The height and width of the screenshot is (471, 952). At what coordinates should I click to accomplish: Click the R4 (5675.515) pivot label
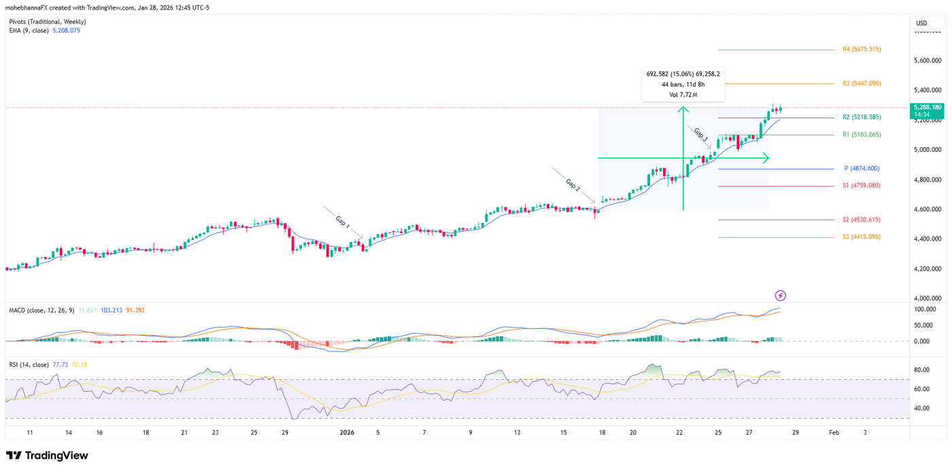pyautogui.click(x=862, y=50)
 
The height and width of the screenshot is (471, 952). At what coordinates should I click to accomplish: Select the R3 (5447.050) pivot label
pyautogui.click(x=862, y=84)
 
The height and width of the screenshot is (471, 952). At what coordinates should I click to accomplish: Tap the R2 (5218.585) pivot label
pyautogui.click(x=862, y=118)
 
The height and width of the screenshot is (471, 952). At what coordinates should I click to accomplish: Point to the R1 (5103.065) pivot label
pyautogui.click(x=862, y=135)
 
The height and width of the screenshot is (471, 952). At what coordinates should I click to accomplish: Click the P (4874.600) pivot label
pyautogui.click(x=862, y=169)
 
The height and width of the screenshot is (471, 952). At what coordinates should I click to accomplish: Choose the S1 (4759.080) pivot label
pyautogui.click(x=862, y=186)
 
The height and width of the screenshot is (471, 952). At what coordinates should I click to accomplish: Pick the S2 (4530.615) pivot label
pyautogui.click(x=862, y=220)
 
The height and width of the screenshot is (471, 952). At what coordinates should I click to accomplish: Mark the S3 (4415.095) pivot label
pyautogui.click(x=862, y=237)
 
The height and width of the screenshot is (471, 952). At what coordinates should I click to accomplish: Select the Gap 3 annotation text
pyautogui.click(x=701, y=135)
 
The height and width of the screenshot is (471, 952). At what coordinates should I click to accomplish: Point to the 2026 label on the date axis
pyautogui.click(x=347, y=432)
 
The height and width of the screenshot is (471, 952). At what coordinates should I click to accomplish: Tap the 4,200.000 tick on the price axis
pyautogui.click(x=928, y=269)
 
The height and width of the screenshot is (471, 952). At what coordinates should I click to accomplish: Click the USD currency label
pyautogui.click(x=921, y=23)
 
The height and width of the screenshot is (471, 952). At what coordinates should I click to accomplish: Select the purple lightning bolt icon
pyautogui.click(x=781, y=296)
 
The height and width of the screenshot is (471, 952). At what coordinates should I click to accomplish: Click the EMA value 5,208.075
pyautogui.click(x=66, y=31)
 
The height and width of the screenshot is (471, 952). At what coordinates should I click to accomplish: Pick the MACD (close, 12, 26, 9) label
pyautogui.click(x=41, y=311)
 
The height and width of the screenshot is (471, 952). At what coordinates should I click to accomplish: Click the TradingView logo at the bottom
pyautogui.click(x=47, y=455)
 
